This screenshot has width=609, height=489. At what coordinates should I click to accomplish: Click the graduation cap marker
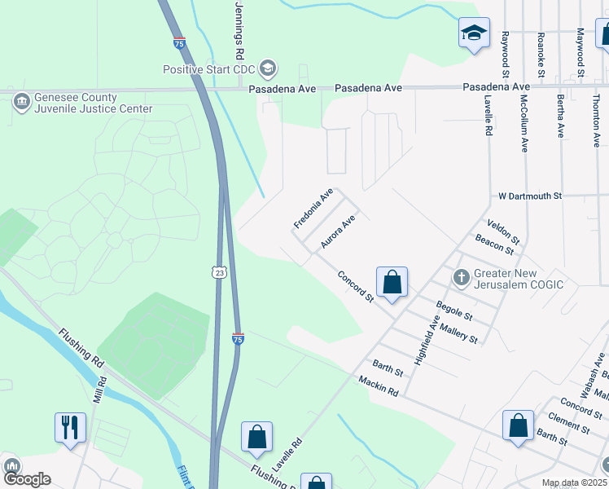[x=474, y=33]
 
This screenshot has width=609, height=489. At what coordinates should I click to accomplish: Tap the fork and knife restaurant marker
[x=69, y=426]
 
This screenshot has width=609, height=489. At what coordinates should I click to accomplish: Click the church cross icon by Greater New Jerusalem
[x=461, y=277]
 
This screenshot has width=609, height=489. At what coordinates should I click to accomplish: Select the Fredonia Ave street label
[x=314, y=209]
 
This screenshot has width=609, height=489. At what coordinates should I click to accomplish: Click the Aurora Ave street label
[x=338, y=231]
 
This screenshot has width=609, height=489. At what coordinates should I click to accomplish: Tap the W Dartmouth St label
[x=530, y=196]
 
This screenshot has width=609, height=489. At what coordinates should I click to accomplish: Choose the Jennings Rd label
[x=239, y=31]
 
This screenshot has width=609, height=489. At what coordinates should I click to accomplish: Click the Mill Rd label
[x=99, y=390]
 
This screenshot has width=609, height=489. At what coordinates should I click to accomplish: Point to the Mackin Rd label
[x=378, y=385]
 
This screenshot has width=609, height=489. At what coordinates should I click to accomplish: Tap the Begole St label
[x=454, y=310]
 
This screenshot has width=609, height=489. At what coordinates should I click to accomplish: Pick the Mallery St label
[x=458, y=333]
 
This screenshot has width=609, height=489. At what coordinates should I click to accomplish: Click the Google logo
[x=27, y=479]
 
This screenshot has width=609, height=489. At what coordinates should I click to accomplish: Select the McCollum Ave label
[x=524, y=122]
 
